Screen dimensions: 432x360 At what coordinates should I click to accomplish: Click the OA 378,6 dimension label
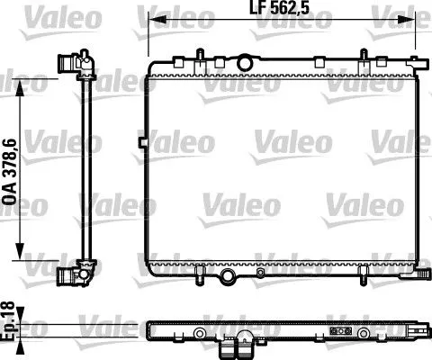coord(9,172)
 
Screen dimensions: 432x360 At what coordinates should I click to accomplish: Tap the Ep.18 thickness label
coord(8,321)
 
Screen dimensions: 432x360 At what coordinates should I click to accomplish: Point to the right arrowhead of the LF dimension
coord(407,20)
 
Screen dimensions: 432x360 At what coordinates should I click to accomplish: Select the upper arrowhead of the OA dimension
coord(20,87)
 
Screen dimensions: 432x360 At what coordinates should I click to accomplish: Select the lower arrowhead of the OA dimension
coord(20,251)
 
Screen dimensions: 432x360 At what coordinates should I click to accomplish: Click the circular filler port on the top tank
coord(245,62)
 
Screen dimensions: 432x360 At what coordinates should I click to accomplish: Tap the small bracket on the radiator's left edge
coord(143,142)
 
